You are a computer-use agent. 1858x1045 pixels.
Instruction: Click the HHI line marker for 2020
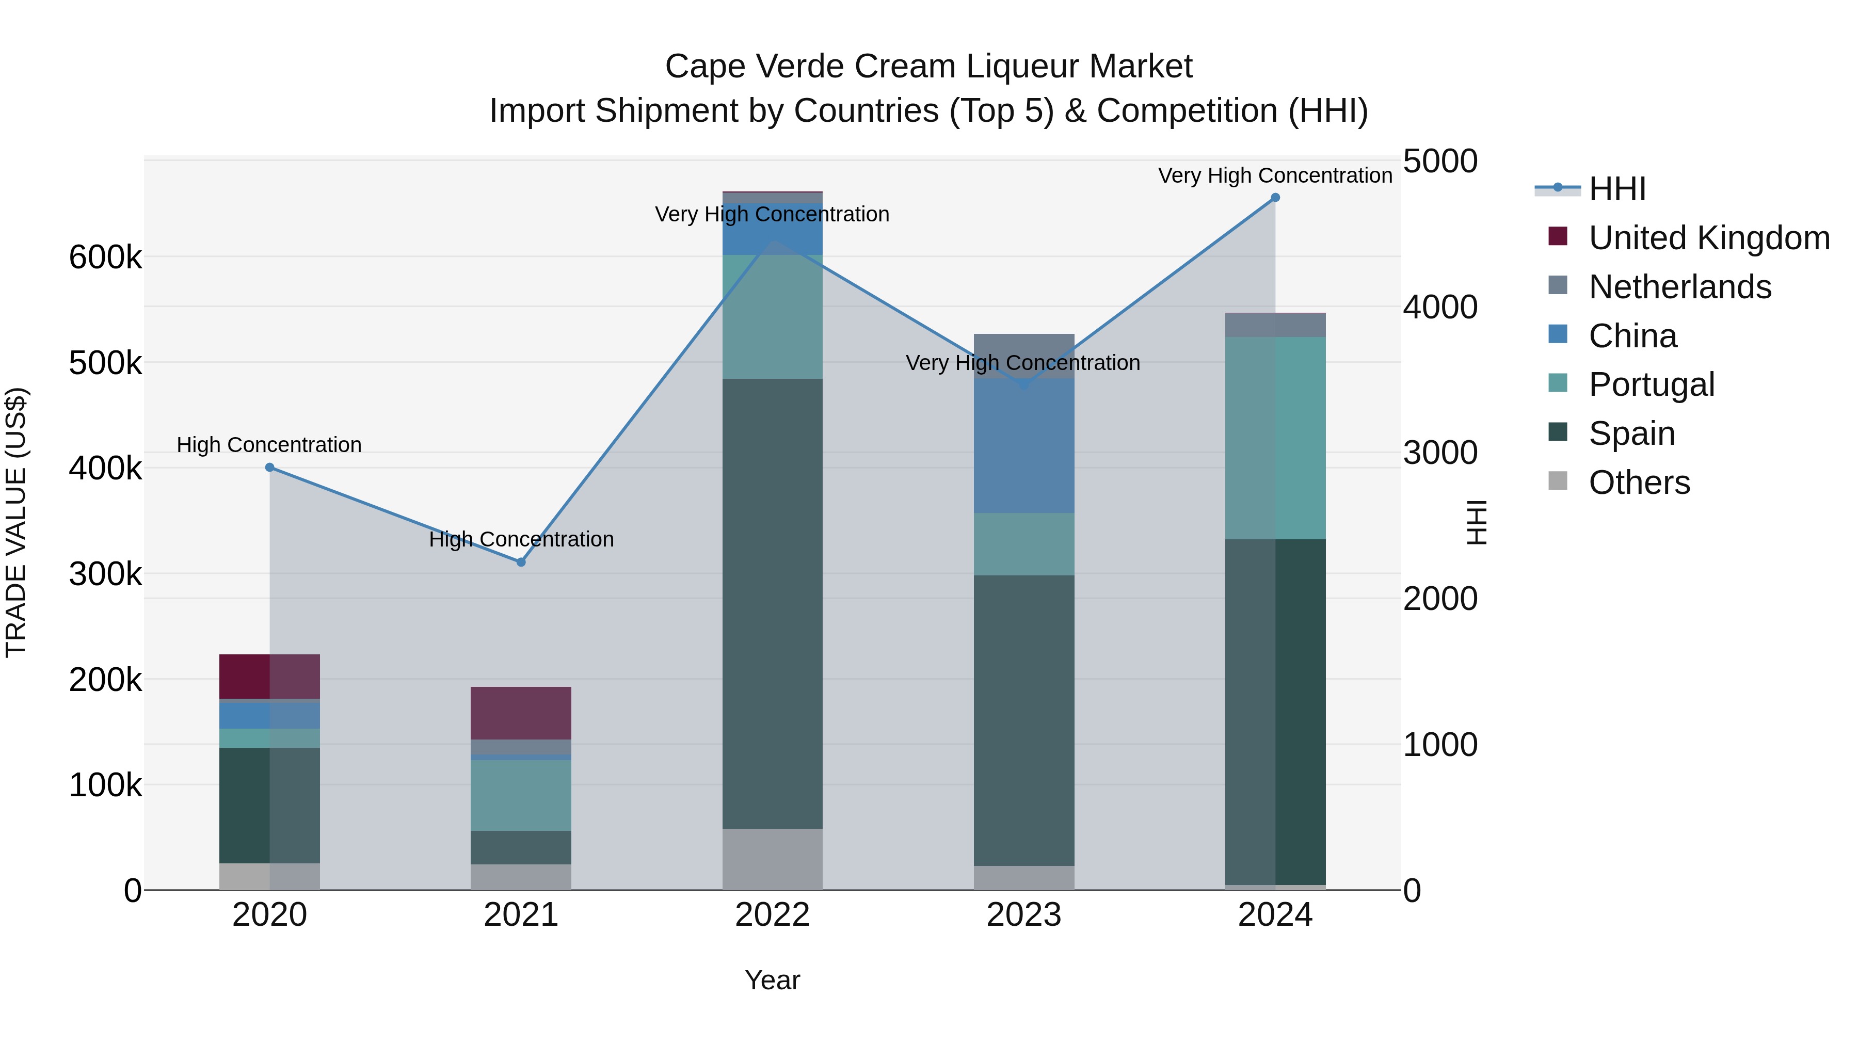(270, 468)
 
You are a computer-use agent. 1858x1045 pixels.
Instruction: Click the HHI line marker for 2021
(521, 562)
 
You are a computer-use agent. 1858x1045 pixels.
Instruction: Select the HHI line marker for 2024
(1275, 198)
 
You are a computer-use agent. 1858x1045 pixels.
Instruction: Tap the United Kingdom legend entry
(1709, 238)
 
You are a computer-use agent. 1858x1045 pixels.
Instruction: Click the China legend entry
(1632, 336)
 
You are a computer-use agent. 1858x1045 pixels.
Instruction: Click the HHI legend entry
(1616, 189)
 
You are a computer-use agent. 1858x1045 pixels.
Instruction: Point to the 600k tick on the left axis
(105, 258)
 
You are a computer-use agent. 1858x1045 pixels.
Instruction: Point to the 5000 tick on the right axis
(1439, 162)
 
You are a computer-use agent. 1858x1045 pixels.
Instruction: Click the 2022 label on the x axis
(773, 915)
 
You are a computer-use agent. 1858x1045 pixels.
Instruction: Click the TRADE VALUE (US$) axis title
(16, 522)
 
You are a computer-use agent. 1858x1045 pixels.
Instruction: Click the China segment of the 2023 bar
(1024, 446)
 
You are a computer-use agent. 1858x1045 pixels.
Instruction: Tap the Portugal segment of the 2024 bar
(1275, 438)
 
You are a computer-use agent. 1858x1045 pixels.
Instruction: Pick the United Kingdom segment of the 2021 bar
(521, 713)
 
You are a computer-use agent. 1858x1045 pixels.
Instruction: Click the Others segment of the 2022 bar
(773, 859)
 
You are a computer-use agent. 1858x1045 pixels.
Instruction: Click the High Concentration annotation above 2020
(269, 445)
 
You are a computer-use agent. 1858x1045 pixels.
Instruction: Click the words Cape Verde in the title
(753, 67)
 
